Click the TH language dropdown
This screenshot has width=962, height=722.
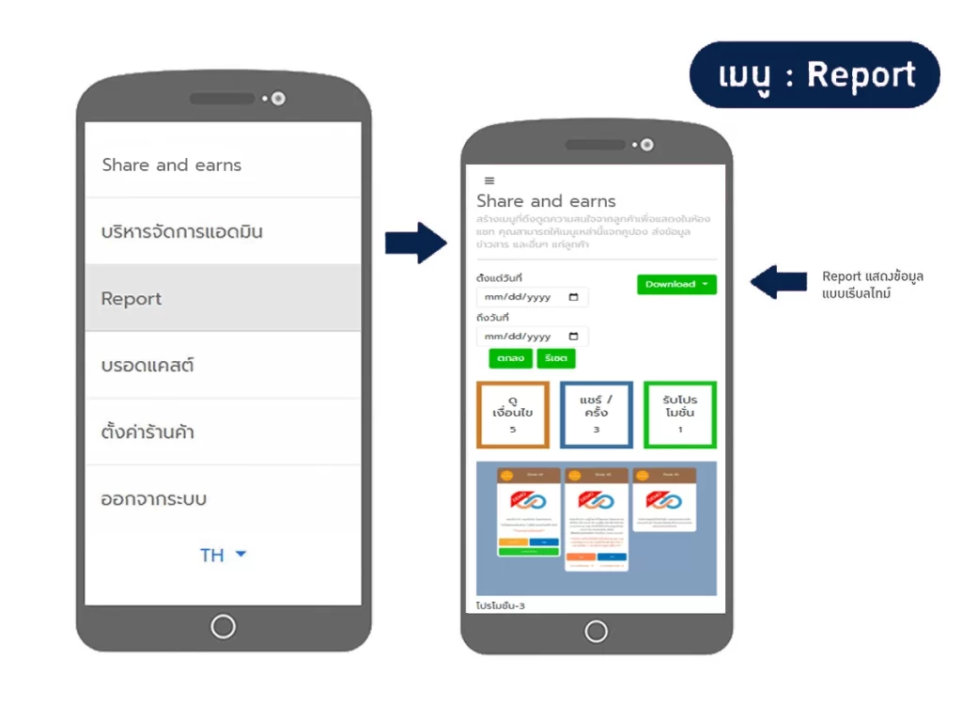click(x=223, y=555)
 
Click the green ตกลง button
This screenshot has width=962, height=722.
click(x=510, y=358)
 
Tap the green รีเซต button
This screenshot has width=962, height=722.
click(x=555, y=358)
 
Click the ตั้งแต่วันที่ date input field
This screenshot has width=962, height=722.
click(x=532, y=297)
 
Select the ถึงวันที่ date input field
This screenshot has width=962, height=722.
click(x=532, y=337)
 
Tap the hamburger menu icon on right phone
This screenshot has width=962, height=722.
click(x=489, y=180)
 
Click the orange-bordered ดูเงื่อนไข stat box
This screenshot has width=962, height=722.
click(x=513, y=415)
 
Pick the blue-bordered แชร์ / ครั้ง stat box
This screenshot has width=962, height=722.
click(x=596, y=415)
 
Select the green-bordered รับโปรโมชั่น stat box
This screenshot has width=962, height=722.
click(x=679, y=415)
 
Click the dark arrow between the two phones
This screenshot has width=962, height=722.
click(x=415, y=243)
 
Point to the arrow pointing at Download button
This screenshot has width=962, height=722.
click(x=778, y=281)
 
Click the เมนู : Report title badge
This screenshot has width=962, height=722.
click(x=814, y=75)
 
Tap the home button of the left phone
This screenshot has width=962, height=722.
click(x=223, y=626)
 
